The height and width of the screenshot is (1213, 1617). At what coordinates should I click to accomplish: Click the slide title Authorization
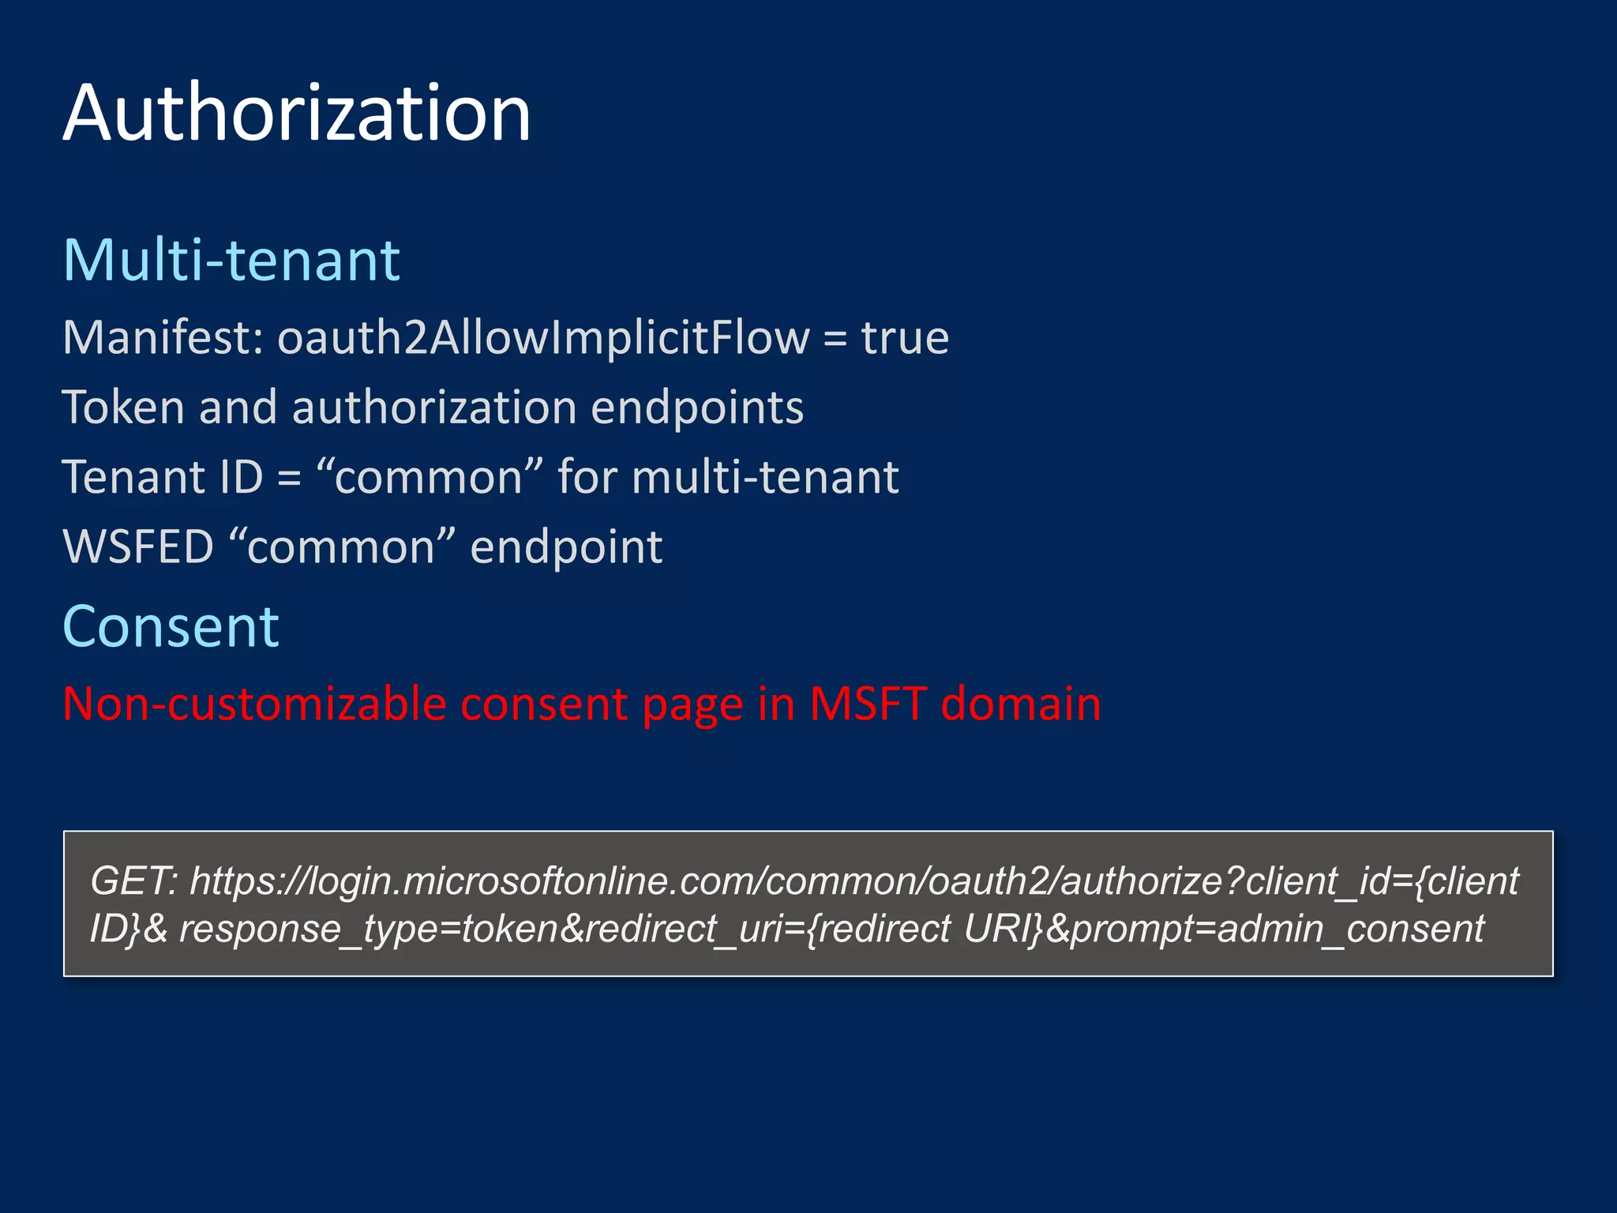[297, 114]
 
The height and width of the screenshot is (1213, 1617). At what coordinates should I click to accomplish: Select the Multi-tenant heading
[231, 260]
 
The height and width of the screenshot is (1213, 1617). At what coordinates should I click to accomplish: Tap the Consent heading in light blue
[171, 627]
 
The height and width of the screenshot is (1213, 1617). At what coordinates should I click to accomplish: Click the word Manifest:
[163, 338]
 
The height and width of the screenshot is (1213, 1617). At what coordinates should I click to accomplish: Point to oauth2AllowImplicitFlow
[543, 338]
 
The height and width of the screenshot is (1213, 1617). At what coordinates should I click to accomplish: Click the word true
[905, 338]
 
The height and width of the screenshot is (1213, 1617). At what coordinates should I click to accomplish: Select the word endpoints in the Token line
[697, 407]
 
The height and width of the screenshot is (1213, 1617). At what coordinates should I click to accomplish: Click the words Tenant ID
[163, 477]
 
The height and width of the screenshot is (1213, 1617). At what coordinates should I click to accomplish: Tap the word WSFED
[138, 546]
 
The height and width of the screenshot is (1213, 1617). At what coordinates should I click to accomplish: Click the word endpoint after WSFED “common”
[566, 546]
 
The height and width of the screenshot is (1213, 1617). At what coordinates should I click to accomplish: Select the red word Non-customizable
[254, 704]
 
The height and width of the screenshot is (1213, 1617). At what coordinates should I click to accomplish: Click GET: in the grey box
[134, 881]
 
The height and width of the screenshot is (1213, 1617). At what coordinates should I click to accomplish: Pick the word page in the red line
[692, 705]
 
